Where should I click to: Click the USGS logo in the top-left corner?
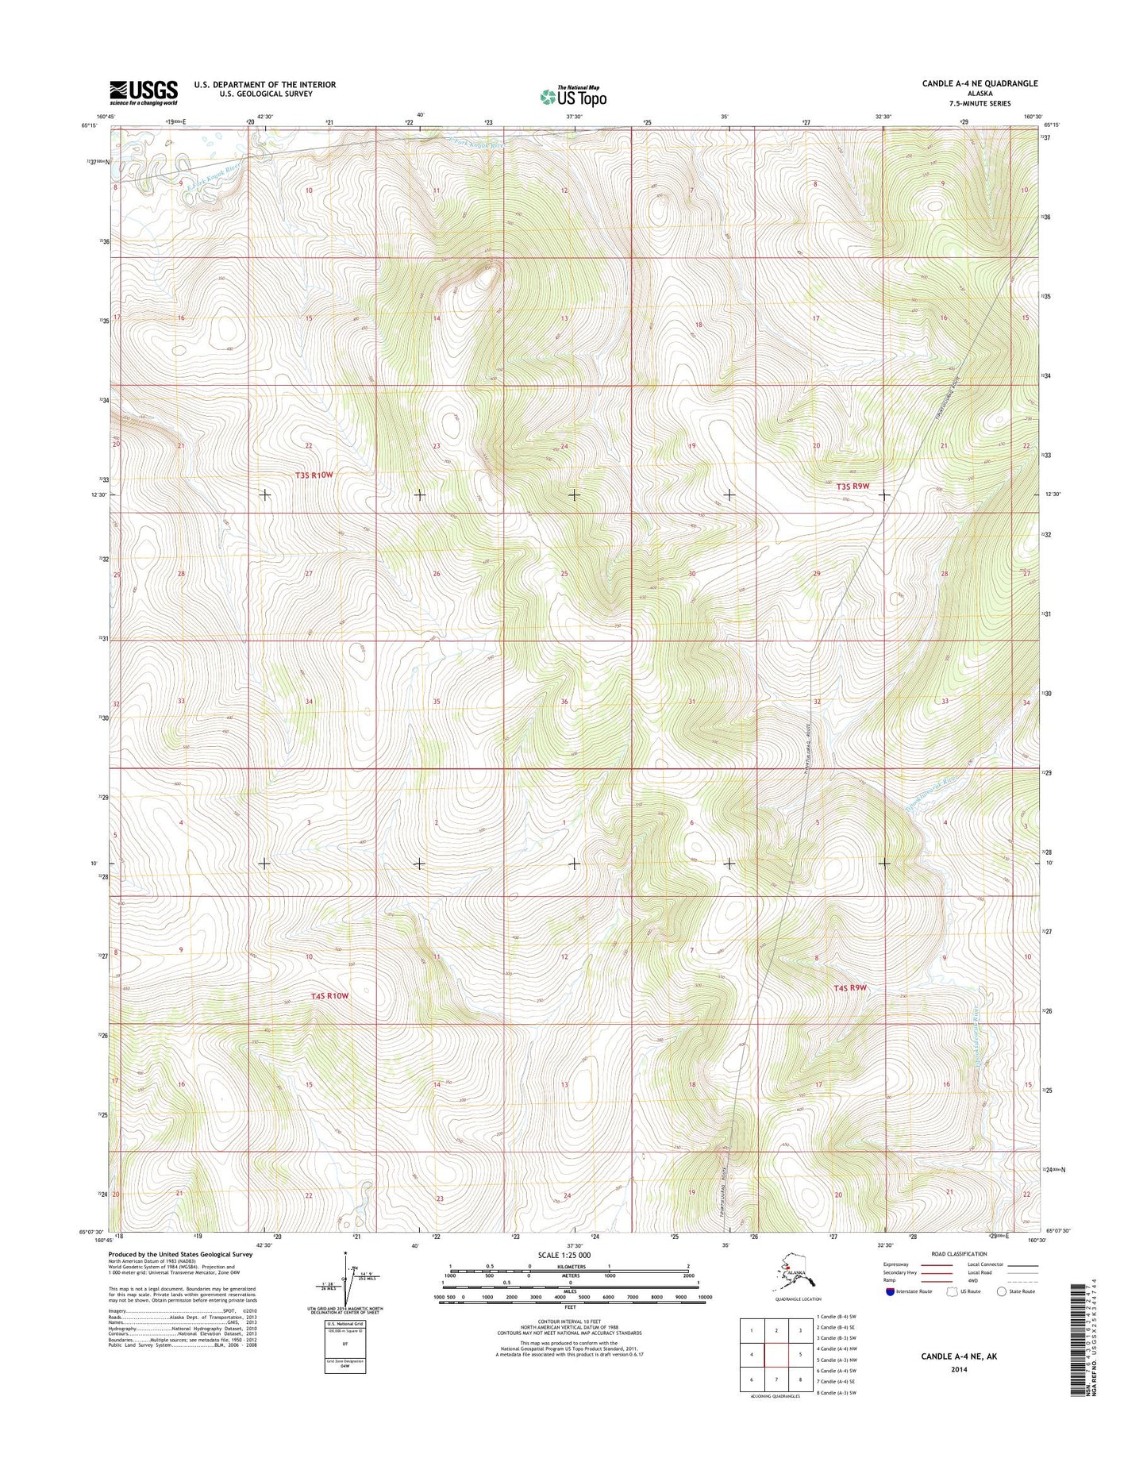point(144,92)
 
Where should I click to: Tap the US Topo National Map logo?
point(573,96)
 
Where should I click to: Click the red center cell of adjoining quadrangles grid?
point(776,1354)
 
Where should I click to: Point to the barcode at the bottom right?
point(1078,1342)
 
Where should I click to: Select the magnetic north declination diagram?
point(345,1287)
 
